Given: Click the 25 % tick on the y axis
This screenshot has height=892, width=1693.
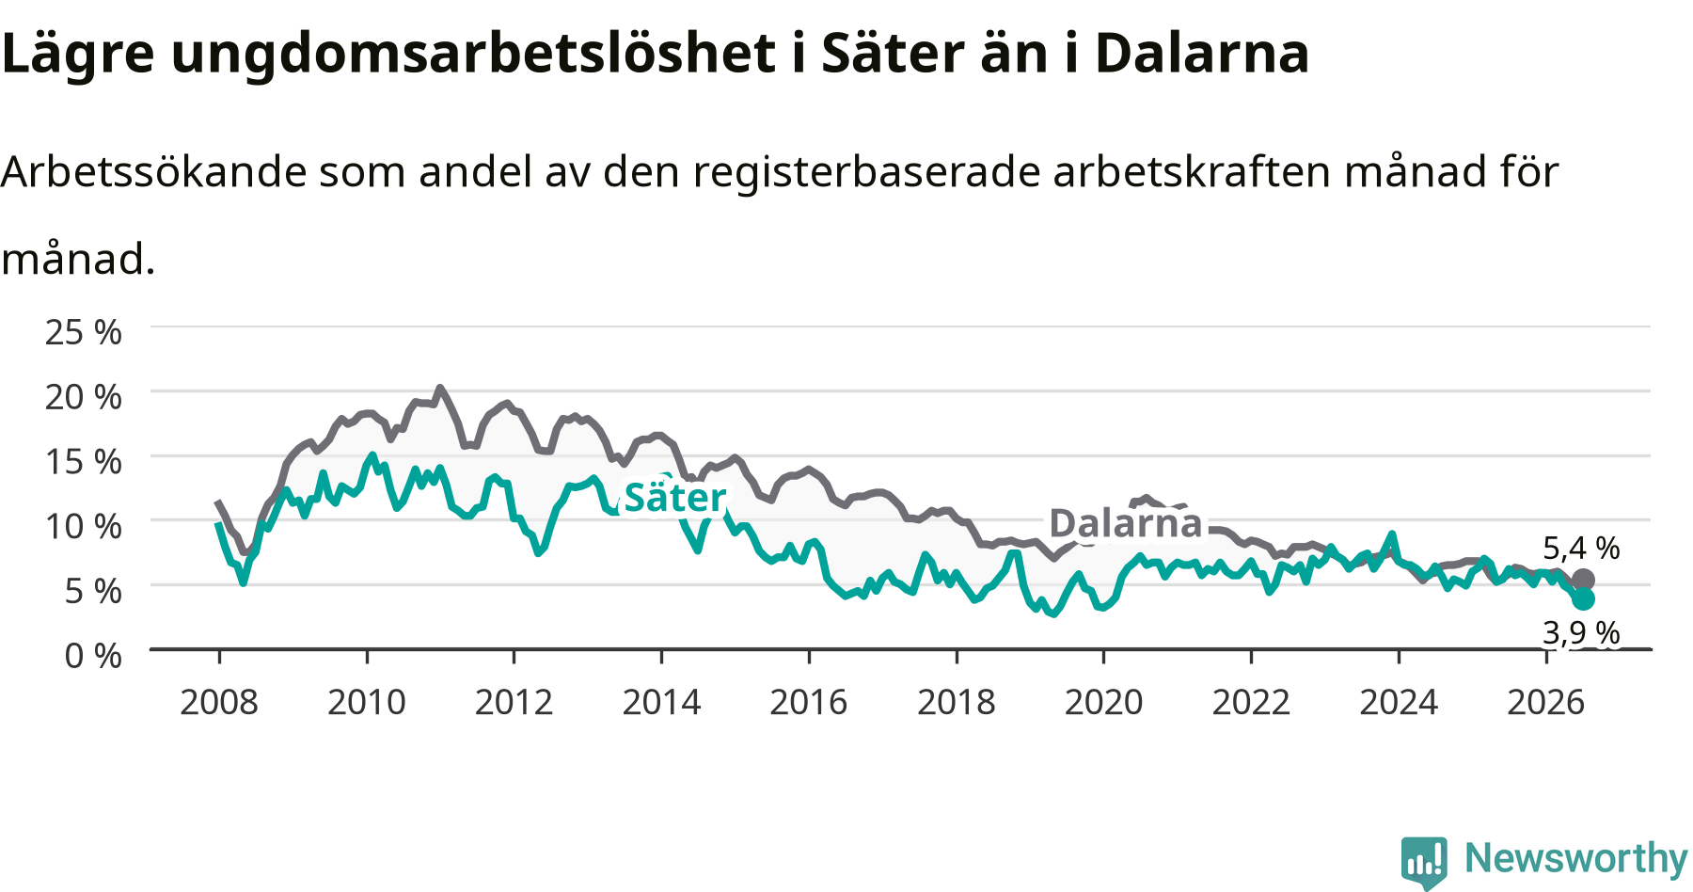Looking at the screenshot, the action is (x=84, y=332).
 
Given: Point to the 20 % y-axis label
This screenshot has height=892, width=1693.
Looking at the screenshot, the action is (x=84, y=397).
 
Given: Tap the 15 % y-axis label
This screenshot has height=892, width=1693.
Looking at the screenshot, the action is (x=84, y=461).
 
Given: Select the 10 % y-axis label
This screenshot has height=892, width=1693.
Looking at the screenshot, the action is (x=84, y=526).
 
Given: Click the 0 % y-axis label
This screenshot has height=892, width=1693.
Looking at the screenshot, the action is (x=93, y=655).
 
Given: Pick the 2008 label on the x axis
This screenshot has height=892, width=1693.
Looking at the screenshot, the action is (x=219, y=702).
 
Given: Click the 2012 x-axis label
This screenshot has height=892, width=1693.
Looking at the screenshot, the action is (x=514, y=702).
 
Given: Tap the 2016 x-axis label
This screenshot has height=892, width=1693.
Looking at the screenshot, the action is (x=809, y=702).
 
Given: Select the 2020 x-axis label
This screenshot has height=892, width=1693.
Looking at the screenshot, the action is (x=1103, y=702).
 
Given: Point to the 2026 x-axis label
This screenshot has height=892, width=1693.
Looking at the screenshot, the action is (x=1546, y=702).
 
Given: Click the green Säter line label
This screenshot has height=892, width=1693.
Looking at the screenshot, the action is (x=675, y=497).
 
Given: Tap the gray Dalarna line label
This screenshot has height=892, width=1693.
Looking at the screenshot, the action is (x=1126, y=523).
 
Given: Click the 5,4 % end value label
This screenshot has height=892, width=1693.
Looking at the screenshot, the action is (x=1581, y=548).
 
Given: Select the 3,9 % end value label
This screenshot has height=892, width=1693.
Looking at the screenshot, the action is (x=1581, y=632).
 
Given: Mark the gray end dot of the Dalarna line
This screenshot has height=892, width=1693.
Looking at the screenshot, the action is (x=1583, y=580).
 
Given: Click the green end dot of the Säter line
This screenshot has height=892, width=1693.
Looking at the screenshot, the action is (x=1583, y=598).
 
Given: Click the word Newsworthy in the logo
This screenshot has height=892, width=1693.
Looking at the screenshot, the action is (x=1576, y=858).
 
